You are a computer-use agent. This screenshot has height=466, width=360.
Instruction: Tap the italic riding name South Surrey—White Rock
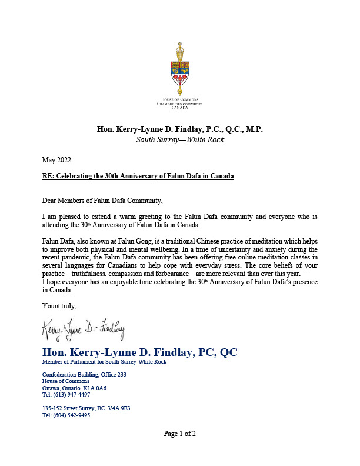click(179, 140)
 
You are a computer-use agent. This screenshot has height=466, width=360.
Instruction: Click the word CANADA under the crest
click(179, 108)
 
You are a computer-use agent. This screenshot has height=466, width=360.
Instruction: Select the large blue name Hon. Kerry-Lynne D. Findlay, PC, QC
click(139, 352)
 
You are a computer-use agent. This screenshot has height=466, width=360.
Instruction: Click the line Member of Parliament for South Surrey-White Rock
click(104, 362)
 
